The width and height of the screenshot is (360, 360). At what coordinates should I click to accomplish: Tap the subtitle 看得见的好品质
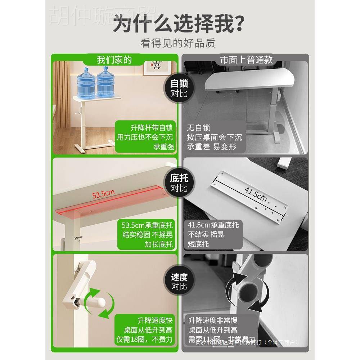point(179,44)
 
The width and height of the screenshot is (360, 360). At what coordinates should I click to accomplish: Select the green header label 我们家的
point(114,60)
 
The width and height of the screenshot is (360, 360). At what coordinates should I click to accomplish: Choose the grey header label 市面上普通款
point(246,60)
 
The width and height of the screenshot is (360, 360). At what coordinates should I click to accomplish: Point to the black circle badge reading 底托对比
point(179,183)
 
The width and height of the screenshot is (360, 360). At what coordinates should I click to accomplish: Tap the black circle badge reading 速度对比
point(179,281)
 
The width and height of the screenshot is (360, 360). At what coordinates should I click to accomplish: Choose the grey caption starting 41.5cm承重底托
point(213,235)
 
